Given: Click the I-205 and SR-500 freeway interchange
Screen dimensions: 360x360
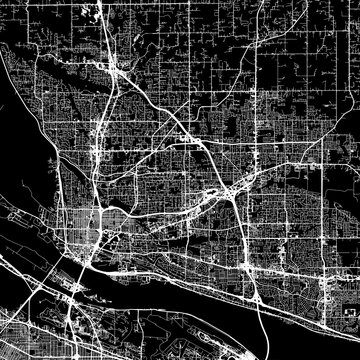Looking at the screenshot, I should (x=229, y=188).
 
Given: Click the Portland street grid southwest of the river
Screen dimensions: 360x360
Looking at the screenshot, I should (x=30, y=320).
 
